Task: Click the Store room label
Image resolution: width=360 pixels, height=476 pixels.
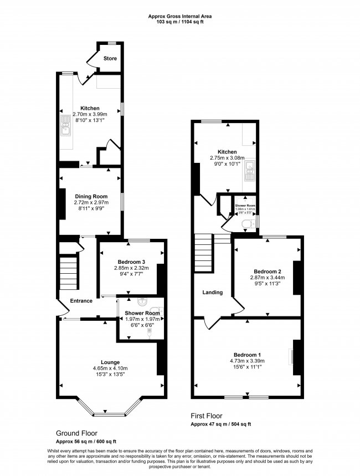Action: pyautogui.click(x=110, y=58)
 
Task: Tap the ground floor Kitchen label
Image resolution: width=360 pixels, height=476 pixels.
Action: pyautogui.click(x=90, y=108)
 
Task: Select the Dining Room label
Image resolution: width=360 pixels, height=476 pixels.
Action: pyautogui.click(x=91, y=196)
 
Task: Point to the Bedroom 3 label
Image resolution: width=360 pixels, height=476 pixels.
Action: pyautogui.click(x=132, y=262)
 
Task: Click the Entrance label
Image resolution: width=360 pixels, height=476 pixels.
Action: pyautogui.click(x=81, y=301)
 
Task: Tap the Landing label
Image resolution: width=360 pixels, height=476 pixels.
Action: pyautogui.click(x=212, y=293)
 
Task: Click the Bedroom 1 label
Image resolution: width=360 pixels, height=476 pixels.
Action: pyautogui.click(x=247, y=355)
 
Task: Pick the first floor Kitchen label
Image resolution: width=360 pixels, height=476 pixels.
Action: pyautogui.click(x=227, y=152)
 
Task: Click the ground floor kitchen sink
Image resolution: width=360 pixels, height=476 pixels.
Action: pyautogui.click(x=65, y=129)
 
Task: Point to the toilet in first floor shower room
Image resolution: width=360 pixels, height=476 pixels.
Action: pyautogui.click(x=248, y=223)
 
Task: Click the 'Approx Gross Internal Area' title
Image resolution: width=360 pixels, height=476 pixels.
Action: pyautogui.click(x=180, y=17)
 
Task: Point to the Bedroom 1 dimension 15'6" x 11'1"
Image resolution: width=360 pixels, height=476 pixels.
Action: pyautogui.click(x=247, y=367)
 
